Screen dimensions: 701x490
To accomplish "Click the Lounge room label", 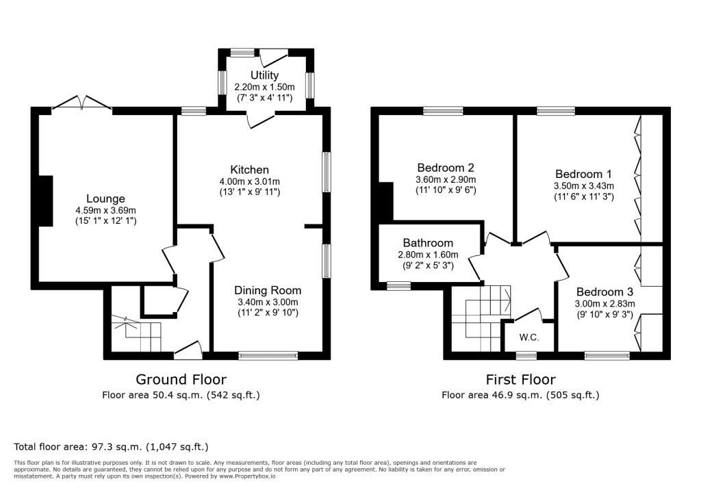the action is [105, 199].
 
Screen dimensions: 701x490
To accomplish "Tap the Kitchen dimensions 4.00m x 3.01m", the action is [249, 181].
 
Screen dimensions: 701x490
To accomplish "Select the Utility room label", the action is [264, 75].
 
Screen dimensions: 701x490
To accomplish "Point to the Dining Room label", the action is [268, 291].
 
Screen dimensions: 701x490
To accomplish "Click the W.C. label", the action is [529, 337].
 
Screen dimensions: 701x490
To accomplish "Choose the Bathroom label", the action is [428, 243].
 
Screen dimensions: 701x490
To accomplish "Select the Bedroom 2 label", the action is [445, 168].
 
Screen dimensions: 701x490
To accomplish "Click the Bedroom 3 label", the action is [604, 292].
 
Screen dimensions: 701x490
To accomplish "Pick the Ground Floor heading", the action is [181, 380].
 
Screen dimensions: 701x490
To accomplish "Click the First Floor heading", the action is [520, 380].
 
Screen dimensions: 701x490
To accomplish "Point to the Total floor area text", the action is [111, 447].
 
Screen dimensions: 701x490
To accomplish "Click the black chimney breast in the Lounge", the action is [46, 201].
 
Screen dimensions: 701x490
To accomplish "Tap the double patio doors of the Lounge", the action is [82, 102].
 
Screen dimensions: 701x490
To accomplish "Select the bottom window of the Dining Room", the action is [268, 355].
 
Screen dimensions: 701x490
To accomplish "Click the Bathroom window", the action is [399, 285].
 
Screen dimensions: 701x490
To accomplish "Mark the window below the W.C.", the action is [526, 355].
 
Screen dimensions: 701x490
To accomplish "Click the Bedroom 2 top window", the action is [444, 111].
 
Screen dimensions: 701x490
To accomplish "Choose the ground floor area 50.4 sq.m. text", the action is [181, 396].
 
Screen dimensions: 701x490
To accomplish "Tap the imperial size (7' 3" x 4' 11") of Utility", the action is [264, 97].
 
